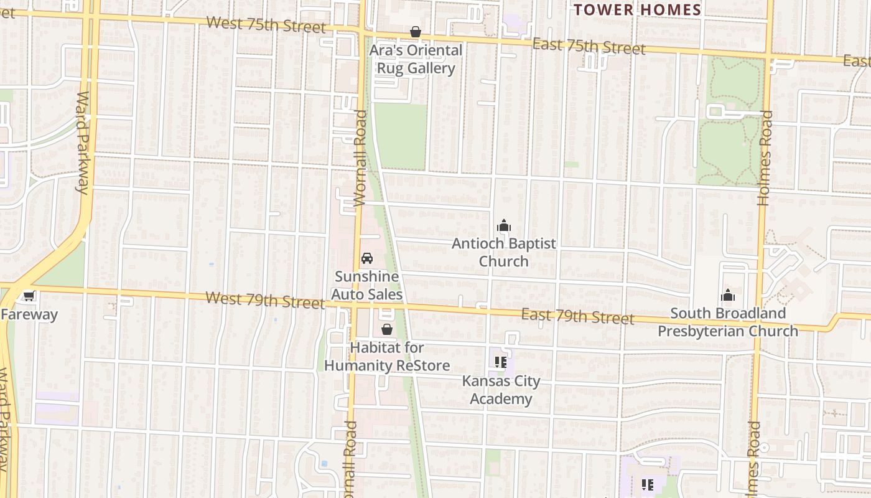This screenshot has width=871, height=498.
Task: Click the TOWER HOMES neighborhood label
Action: (638, 10)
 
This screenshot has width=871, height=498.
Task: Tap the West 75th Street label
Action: (266, 25)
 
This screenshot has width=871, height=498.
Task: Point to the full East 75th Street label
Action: (589, 46)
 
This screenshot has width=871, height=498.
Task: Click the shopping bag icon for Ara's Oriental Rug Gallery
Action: (415, 32)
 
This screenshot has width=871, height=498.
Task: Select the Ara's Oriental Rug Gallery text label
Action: (416, 59)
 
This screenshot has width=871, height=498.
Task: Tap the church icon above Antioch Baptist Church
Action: (503, 225)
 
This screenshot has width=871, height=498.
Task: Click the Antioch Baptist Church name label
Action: (503, 252)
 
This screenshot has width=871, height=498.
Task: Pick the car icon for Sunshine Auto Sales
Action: (367, 258)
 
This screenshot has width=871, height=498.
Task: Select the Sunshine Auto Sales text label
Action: (367, 285)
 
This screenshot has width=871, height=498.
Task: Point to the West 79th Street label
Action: (264, 299)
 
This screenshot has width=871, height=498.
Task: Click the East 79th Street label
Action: (577, 316)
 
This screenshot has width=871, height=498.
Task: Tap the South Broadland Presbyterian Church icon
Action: (727, 295)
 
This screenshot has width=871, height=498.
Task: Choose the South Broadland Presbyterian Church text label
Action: (727, 322)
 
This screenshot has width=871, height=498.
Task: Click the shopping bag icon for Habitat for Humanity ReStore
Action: (386, 329)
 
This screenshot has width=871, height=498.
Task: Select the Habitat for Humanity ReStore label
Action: (386, 357)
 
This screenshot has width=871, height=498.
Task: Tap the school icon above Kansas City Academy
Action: (501, 362)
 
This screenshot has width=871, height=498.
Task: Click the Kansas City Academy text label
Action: (501, 390)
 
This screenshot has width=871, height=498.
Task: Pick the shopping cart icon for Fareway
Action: (28, 296)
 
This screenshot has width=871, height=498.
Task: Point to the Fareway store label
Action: (29, 314)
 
